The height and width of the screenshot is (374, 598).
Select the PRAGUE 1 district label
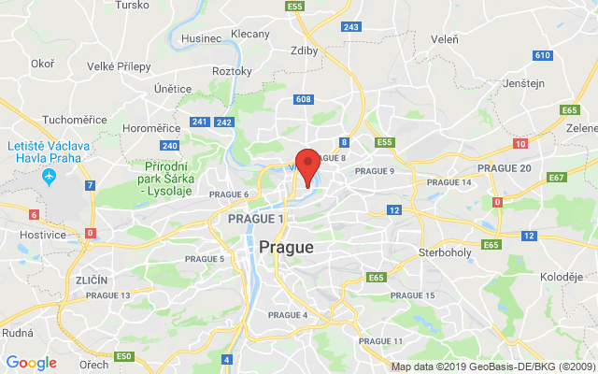click(x=255, y=218)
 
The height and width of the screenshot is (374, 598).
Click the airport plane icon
click(x=49, y=176)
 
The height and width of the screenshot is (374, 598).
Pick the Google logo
click(x=31, y=363)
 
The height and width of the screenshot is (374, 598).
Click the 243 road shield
click(x=351, y=26)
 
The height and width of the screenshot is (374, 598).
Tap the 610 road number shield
click(x=542, y=55)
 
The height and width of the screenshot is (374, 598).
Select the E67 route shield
click(x=558, y=177)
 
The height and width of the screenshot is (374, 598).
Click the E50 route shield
click(x=123, y=356)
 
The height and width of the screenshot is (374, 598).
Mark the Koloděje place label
click(x=562, y=277)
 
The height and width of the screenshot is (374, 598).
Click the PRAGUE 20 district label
click(x=505, y=167)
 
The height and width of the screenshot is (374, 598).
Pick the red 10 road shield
click(x=520, y=144)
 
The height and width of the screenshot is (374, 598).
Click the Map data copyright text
click(x=492, y=367)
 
